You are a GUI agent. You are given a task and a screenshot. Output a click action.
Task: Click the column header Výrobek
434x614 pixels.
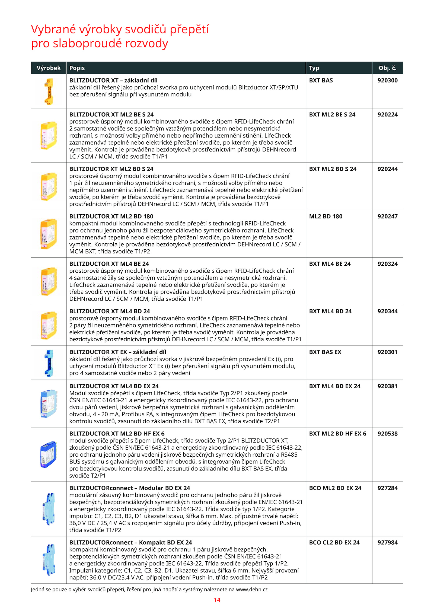click(x=49, y=68)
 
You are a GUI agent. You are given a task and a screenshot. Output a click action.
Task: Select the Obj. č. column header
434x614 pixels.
click(x=387, y=68)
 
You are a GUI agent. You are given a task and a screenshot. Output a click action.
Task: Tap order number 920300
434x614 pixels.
click(x=387, y=81)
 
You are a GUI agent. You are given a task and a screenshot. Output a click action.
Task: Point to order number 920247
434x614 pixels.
click(x=387, y=217)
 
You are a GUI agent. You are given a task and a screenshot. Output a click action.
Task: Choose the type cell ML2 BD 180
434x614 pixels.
click(x=325, y=217)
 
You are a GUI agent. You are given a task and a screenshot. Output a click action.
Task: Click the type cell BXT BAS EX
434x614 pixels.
click(x=325, y=352)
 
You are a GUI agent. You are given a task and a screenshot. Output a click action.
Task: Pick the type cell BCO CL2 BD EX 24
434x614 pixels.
click(x=334, y=542)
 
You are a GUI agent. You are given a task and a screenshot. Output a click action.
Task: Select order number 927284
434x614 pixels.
click(x=387, y=488)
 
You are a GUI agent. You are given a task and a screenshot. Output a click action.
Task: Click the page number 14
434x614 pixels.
click(x=217, y=600)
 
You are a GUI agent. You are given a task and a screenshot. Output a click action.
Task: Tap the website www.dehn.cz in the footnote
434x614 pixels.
click(x=252, y=589)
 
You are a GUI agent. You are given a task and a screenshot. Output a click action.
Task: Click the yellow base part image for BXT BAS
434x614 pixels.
click(x=49, y=91)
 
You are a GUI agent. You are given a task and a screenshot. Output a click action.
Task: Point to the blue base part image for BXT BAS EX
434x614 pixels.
click(x=49, y=363)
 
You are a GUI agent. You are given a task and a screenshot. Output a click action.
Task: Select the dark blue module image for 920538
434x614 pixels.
click(x=49, y=454)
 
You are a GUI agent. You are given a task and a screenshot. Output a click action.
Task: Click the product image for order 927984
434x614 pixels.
click(x=49, y=559)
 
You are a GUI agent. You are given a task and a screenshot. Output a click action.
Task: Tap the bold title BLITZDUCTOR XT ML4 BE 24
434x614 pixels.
click(x=109, y=264)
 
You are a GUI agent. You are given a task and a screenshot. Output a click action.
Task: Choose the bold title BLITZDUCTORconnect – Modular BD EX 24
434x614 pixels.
click(x=130, y=488)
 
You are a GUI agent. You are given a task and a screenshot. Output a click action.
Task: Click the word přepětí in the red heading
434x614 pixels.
click(x=189, y=29)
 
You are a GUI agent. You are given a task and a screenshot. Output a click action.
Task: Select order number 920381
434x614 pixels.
click(x=387, y=386)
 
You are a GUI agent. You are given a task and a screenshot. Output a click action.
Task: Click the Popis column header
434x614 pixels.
click(x=77, y=68)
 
